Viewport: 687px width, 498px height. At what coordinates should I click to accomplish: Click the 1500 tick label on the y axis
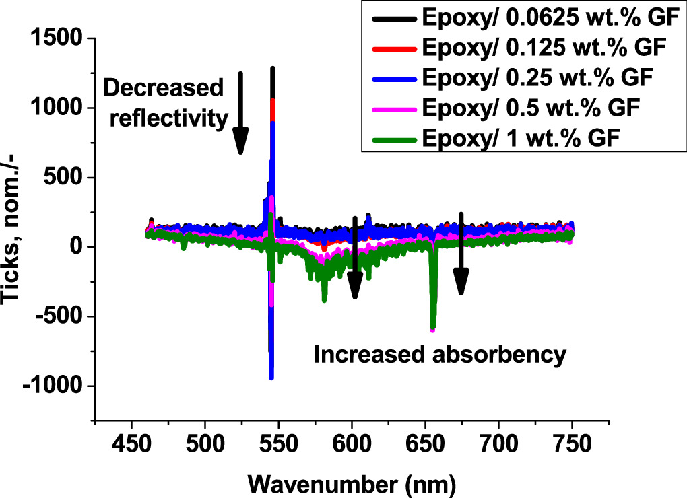coord(57,38)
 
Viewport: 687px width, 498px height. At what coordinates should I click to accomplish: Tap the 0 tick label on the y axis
coord(75,247)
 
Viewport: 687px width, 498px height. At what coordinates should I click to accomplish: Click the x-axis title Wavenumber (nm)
coord(352,482)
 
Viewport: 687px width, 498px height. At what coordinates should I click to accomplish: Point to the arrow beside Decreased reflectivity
coord(240,114)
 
